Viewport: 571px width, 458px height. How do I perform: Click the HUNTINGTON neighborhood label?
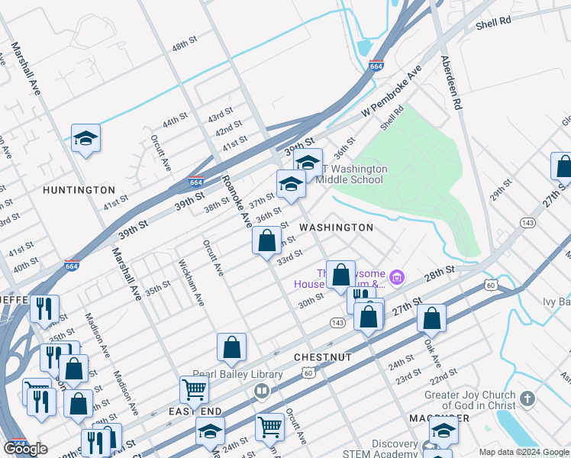click(x=79, y=189)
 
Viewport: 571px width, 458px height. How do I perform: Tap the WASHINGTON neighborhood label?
click(x=336, y=227)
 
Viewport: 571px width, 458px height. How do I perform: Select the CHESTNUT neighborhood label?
click(x=323, y=357)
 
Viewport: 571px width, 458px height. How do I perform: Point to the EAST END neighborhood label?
click(x=195, y=411)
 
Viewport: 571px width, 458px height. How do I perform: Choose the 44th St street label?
click(x=175, y=122)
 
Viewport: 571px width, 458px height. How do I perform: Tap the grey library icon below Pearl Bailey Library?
click(x=262, y=392)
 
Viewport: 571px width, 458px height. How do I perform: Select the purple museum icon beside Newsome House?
click(x=396, y=276)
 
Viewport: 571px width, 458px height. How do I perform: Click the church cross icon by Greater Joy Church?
click(x=527, y=398)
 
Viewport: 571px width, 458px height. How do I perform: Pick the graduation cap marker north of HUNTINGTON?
click(x=86, y=138)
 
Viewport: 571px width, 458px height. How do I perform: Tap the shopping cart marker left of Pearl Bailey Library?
click(x=194, y=389)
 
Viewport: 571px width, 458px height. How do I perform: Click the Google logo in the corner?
click(x=26, y=449)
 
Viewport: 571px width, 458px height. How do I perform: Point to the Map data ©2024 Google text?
click(x=524, y=452)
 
